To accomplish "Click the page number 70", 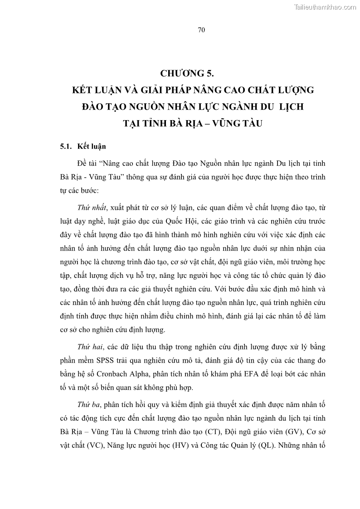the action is pyautogui.click(x=202, y=30).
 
